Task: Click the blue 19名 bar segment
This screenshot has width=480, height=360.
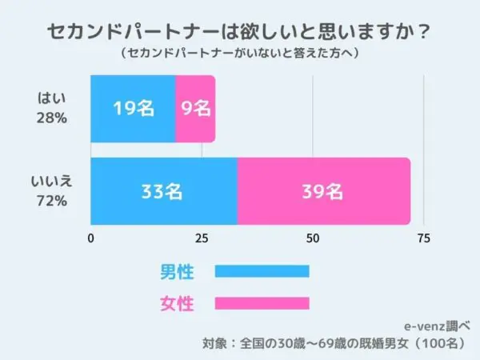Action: pos(133,109)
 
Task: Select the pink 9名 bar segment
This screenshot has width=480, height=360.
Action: pos(195,109)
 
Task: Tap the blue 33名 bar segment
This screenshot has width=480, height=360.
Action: pos(164,191)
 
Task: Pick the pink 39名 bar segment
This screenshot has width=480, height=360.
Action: pos(324,191)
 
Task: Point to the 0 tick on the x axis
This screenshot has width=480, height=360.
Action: pos(90,238)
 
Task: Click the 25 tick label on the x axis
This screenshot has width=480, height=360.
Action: pos(202,238)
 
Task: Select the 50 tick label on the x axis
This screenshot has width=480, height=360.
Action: pos(313,238)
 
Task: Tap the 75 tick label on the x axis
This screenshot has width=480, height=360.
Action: pos(424,238)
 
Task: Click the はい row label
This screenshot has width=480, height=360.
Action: pos(51,98)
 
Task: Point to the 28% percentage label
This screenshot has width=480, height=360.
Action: pos(52,118)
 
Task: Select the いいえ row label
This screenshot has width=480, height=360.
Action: pos(51,182)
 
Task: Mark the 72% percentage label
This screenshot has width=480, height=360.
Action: pos(52,201)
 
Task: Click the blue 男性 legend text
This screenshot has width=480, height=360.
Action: pos(177,271)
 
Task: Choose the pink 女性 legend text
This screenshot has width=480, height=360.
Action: pos(177,303)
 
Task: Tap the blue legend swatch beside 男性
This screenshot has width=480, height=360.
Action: pos(262,271)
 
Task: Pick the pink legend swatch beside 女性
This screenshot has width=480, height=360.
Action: pos(262,303)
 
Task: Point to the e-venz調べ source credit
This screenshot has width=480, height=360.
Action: pos(437,326)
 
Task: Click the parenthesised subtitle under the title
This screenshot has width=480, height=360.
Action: pos(240,53)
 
